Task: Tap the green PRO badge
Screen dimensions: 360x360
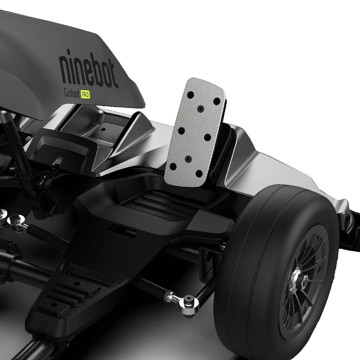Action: click(x=85, y=94)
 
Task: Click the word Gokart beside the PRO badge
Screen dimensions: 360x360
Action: click(x=72, y=93)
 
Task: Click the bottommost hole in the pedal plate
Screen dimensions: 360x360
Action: click(x=199, y=174)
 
